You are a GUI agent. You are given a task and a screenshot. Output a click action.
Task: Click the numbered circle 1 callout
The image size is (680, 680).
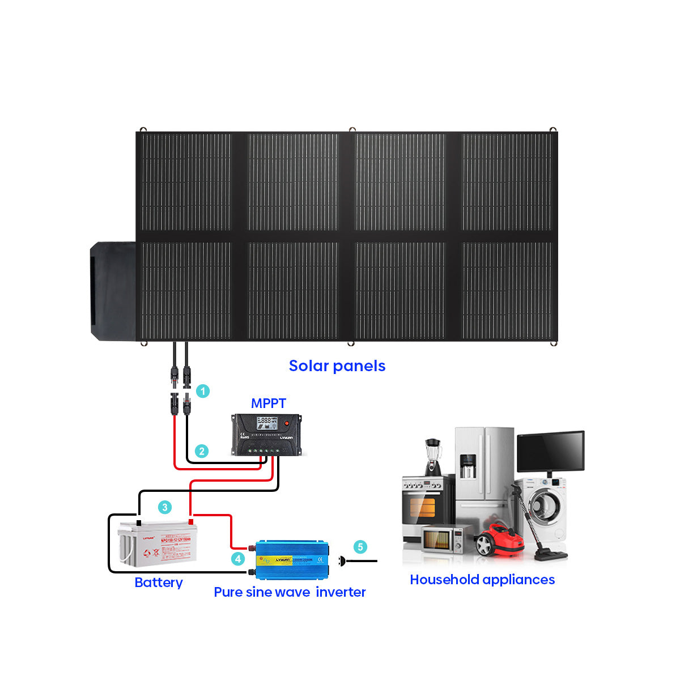pyautogui.click(x=202, y=391)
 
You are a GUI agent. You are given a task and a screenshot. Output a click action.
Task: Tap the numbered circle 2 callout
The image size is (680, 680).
pyautogui.click(x=201, y=451)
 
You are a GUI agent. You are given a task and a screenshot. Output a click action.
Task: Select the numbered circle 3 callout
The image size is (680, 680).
pyautogui.click(x=165, y=507)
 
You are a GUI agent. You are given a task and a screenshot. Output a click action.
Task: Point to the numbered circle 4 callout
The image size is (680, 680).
pyautogui.click(x=238, y=559)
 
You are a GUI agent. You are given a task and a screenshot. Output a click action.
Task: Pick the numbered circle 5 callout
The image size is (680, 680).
pyautogui.click(x=360, y=547)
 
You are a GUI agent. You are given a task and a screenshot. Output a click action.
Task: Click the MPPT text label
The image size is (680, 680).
pyautogui.click(x=269, y=403)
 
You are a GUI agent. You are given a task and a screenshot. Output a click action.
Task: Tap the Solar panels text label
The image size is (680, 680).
pyautogui.click(x=337, y=366)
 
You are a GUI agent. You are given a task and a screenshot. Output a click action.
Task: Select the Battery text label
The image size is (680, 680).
pyautogui.click(x=159, y=583)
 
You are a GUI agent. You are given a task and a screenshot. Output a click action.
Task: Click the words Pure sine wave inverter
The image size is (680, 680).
pyautogui.click(x=290, y=592)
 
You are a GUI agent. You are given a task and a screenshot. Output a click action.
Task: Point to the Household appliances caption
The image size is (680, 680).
pyautogui.click(x=482, y=580)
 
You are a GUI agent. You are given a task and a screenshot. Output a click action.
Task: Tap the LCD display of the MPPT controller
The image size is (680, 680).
pyautogui.click(x=267, y=422)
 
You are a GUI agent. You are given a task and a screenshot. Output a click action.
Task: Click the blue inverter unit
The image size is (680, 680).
pyautogui.click(x=291, y=559)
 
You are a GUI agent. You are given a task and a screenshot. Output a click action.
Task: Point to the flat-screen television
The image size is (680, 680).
pyautogui.click(x=550, y=452)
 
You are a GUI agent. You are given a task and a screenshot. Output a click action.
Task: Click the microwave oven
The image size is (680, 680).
pyautogui.click(x=440, y=539)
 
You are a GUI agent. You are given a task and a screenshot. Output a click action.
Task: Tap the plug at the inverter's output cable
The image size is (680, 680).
pyautogui.click(x=342, y=561)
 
